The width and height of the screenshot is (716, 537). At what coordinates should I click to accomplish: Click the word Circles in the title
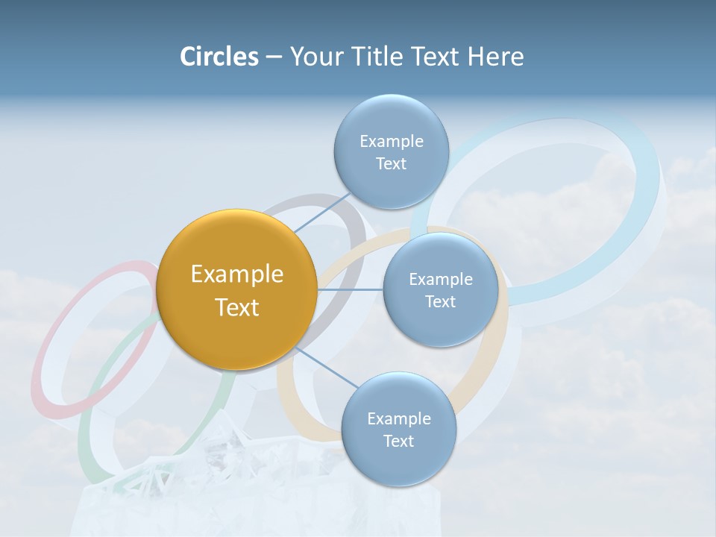(x=219, y=57)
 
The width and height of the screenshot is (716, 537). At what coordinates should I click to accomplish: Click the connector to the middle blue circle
(x=350, y=289)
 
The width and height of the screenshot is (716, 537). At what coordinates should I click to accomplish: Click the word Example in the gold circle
(x=236, y=274)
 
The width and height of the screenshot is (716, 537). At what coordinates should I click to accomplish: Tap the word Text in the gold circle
(x=236, y=307)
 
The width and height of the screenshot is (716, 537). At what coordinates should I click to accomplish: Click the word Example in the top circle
(x=391, y=141)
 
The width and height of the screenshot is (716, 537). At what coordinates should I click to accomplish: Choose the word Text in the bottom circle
(x=398, y=441)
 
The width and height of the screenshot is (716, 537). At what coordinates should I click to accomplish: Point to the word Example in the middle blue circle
(x=440, y=279)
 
